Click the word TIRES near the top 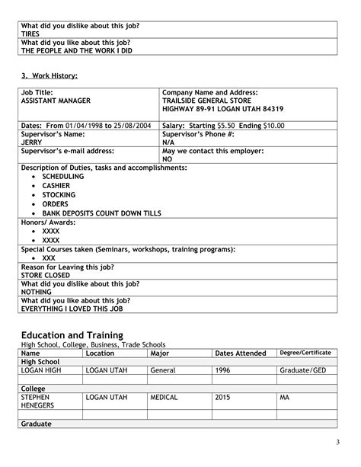(30, 34)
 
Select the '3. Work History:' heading (49, 75)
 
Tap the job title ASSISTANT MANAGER (56, 100)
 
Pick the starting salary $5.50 (226, 125)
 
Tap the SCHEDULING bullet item (63, 176)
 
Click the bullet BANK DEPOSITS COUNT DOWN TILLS (101, 214)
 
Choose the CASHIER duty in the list (56, 185)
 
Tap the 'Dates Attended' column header (241, 353)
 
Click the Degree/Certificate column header (305, 353)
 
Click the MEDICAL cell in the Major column (165, 398)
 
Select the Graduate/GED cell (303, 369)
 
